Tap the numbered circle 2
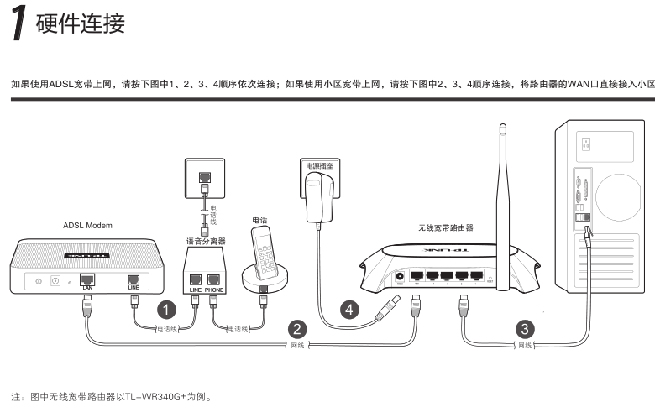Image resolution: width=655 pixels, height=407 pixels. point(295,327)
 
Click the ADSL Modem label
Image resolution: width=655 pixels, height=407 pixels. point(87,226)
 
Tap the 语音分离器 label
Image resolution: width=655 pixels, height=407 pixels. point(205,240)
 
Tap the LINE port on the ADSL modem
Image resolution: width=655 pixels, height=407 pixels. point(133,279)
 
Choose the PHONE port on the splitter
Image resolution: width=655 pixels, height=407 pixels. point(213,279)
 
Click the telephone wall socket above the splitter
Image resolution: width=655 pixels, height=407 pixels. point(202,177)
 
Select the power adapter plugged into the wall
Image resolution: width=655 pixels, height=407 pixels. point(317,197)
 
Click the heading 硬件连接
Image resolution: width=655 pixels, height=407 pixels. point(81,23)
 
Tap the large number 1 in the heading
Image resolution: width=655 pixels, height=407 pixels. point(18,24)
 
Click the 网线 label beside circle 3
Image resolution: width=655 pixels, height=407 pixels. point(525,345)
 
